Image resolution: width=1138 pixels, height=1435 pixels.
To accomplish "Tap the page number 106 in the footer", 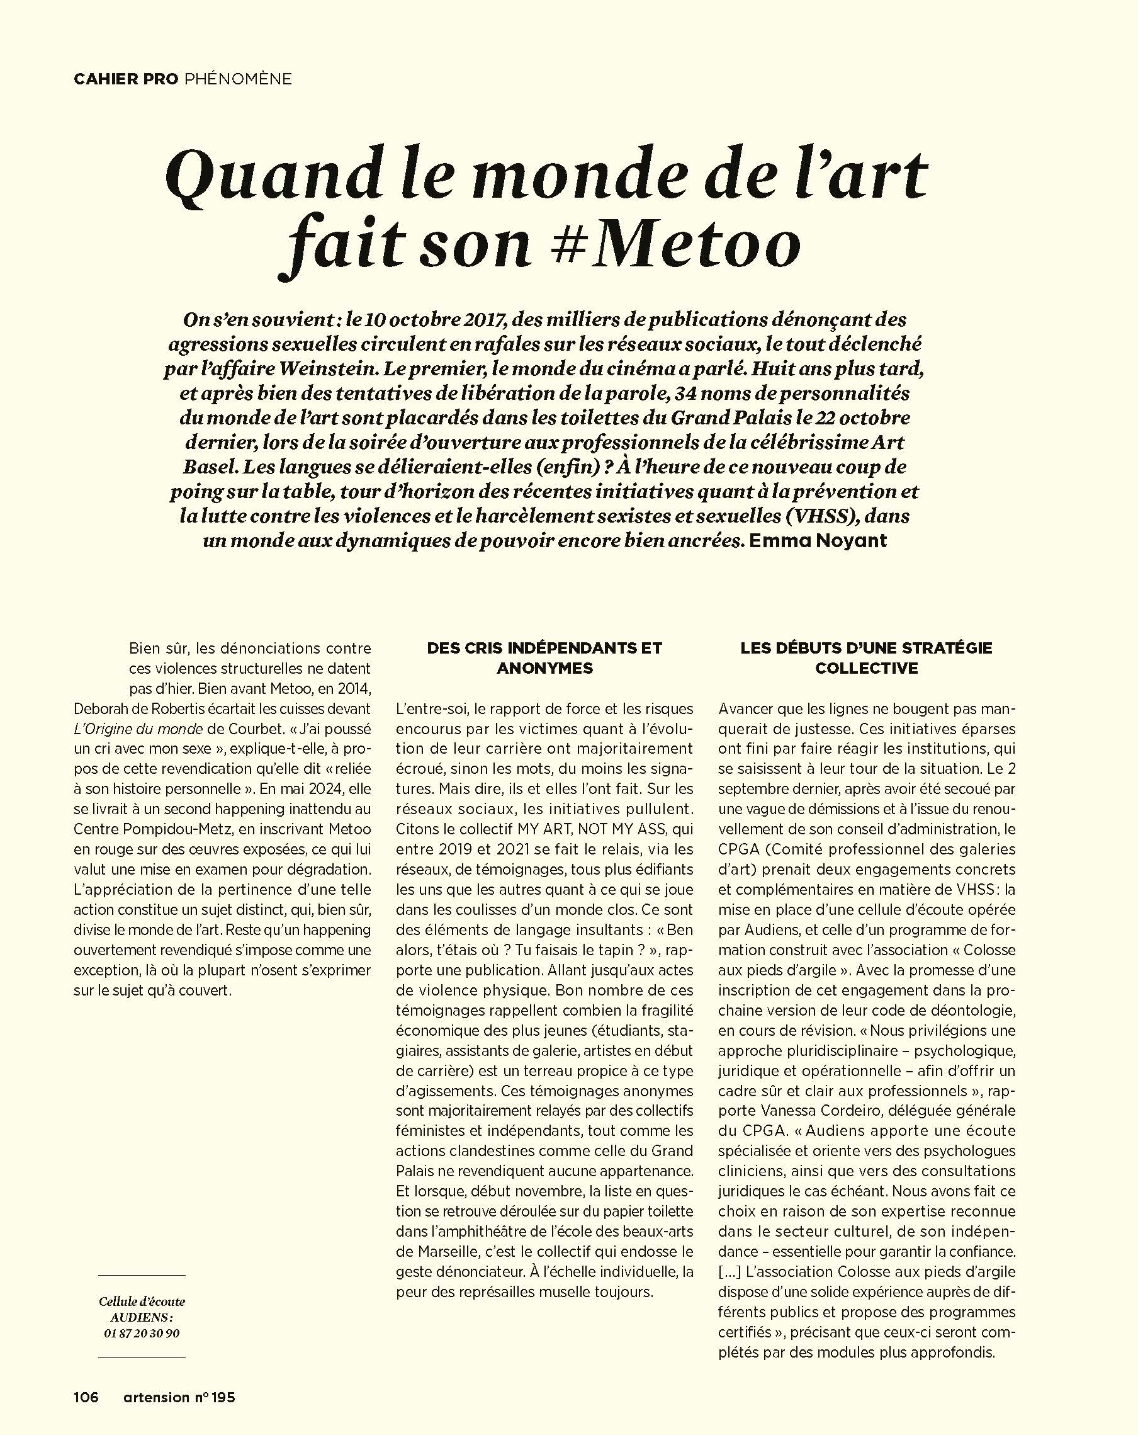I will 86,1397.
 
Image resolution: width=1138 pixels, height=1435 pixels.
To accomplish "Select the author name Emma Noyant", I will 818,540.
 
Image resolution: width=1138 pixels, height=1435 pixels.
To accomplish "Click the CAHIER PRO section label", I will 126,79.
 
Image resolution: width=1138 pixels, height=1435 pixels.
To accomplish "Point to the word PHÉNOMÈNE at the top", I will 237,79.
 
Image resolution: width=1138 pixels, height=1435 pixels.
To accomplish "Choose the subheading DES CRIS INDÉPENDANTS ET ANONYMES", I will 544,657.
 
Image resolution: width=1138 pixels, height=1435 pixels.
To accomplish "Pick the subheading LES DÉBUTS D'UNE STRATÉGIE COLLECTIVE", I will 866,657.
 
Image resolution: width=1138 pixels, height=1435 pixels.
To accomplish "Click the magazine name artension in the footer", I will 156,1397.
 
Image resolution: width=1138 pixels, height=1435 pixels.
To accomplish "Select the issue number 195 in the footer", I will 223,1397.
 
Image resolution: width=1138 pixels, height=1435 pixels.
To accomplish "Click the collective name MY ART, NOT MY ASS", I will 586,829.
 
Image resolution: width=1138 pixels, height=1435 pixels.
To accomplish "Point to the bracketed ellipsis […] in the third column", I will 730,1271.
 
